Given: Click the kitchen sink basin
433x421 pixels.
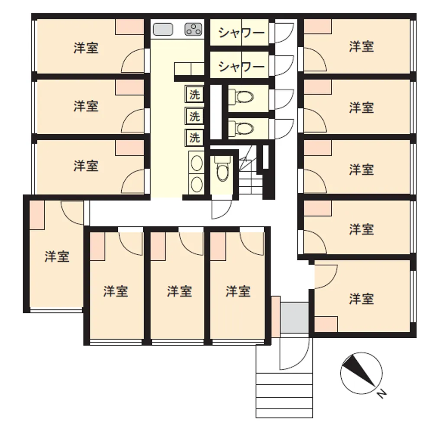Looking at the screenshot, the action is click(x=163, y=29).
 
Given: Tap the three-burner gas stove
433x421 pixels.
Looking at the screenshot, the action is click(x=194, y=29).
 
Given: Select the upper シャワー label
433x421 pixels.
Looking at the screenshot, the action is click(x=241, y=33).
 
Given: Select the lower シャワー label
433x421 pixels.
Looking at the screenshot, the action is click(x=241, y=67).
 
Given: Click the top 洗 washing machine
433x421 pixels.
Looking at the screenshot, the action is click(x=194, y=95).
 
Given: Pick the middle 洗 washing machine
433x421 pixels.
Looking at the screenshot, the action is click(x=194, y=117).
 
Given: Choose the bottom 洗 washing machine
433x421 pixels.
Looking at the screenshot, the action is click(x=194, y=138).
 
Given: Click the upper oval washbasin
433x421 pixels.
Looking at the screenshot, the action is click(x=197, y=163).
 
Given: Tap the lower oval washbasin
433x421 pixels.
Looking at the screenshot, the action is click(x=197, y=185).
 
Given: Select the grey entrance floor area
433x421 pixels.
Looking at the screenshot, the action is click(x=294, y=317).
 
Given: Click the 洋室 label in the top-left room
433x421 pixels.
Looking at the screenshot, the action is click(x=86, y=48).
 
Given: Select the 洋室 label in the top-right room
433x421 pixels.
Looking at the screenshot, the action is click(x=362, y=46).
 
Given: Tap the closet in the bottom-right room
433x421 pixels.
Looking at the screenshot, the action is click(x=326, y=324).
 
